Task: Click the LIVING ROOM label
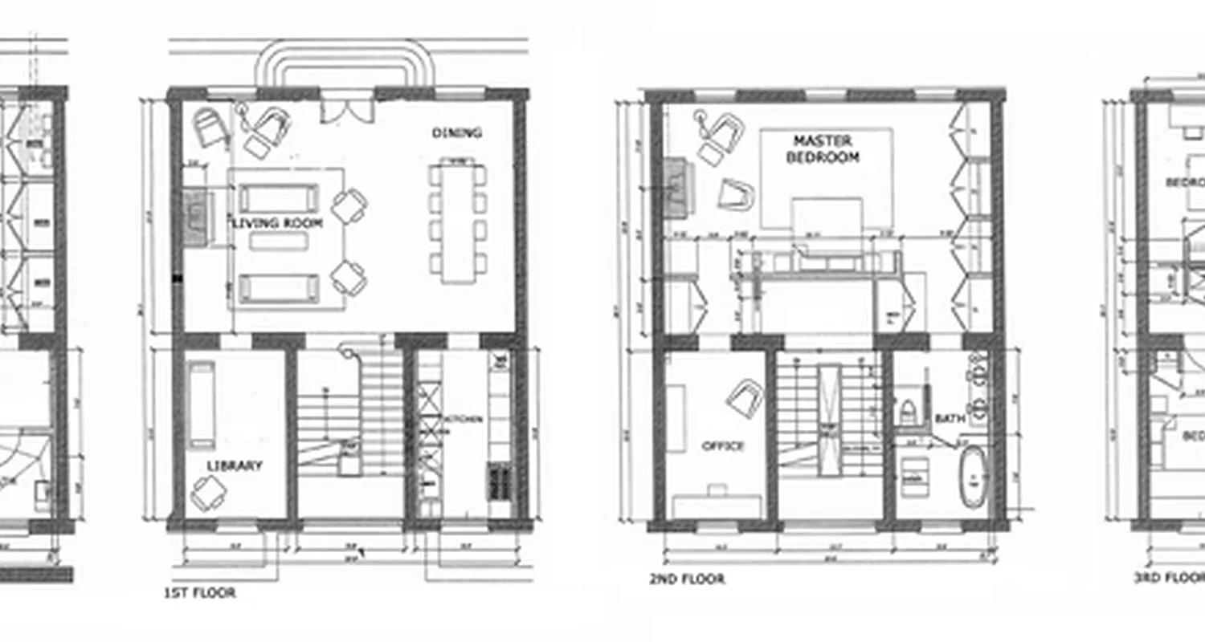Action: (x=277, y=223)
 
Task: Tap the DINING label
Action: (x=456, y=132)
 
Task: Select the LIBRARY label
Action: (x=235, y=465)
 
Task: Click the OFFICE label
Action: (x=723, y=446)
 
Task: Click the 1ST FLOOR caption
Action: (x=199, y=593)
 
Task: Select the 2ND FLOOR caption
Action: (x=687, y=579)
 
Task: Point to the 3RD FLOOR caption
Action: (x=1169, y=577)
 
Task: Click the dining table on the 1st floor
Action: (x=457, y=222)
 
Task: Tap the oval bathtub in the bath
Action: (x=974, y=477)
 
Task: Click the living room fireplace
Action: (x=194, y=217)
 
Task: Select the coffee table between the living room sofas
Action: (x=278, y=242)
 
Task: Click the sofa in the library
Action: (x=201, y=404)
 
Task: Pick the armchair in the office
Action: (x=745, y=397)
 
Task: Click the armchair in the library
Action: (x=207, y=492)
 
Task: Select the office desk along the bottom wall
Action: (x=717, y=506)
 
